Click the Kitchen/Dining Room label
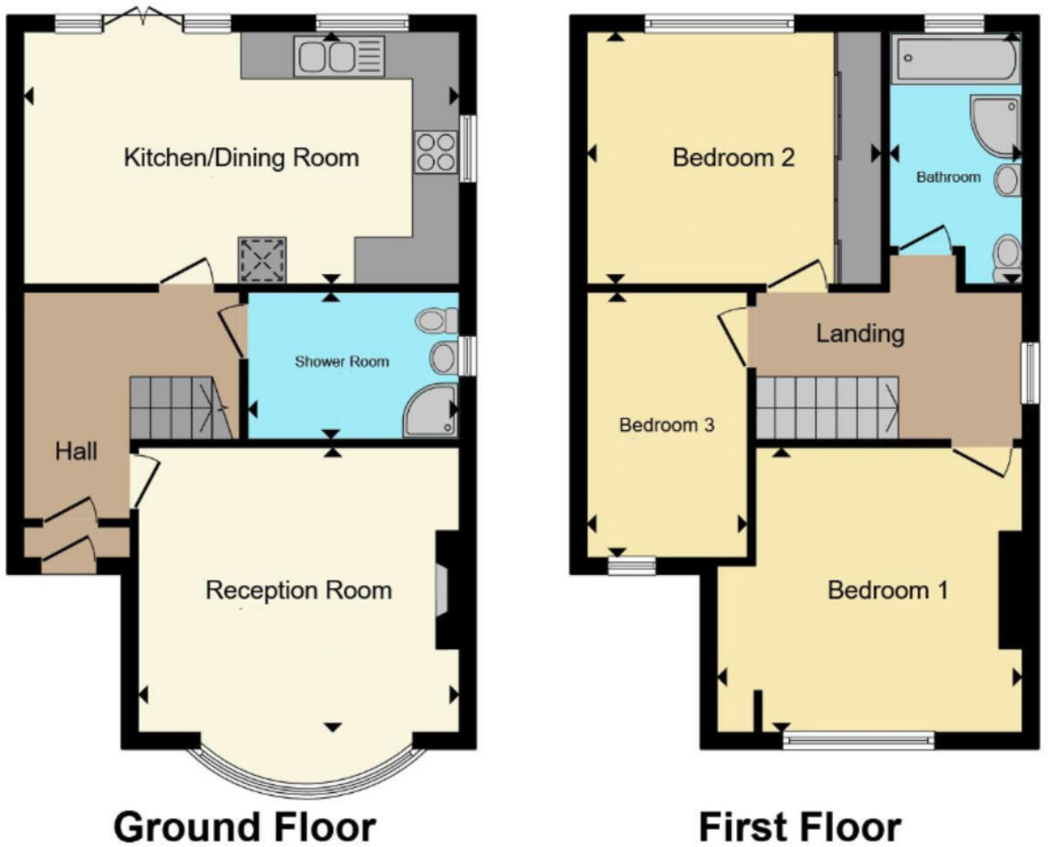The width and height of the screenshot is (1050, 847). (x=241, y=158)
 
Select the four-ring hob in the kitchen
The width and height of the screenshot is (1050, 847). (x=434, y=152)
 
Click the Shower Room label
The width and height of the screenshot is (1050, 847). (x=341, y=361)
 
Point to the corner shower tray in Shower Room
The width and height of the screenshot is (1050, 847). (x=430, y=411)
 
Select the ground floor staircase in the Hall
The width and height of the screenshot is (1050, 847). (x=178, y=408)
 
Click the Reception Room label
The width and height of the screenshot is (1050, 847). (x=298, y=590)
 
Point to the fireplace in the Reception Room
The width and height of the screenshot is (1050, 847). (x=442, y=591)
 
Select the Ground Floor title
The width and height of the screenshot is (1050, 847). (x=244, y=827)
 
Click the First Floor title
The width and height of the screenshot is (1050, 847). (x=799, y=827)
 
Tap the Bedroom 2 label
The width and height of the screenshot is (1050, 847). (x=733, y=158)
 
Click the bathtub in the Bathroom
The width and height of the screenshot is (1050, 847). (x=953, y=59)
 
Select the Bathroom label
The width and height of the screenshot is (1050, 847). (x=948, y=177)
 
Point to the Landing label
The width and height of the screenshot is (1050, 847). (x=859, y=333)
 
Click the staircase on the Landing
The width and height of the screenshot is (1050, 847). (x=826, y=408)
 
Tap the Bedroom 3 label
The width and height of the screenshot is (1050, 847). (x=666, y=424)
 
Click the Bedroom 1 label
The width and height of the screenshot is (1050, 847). (x=887, y=590)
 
